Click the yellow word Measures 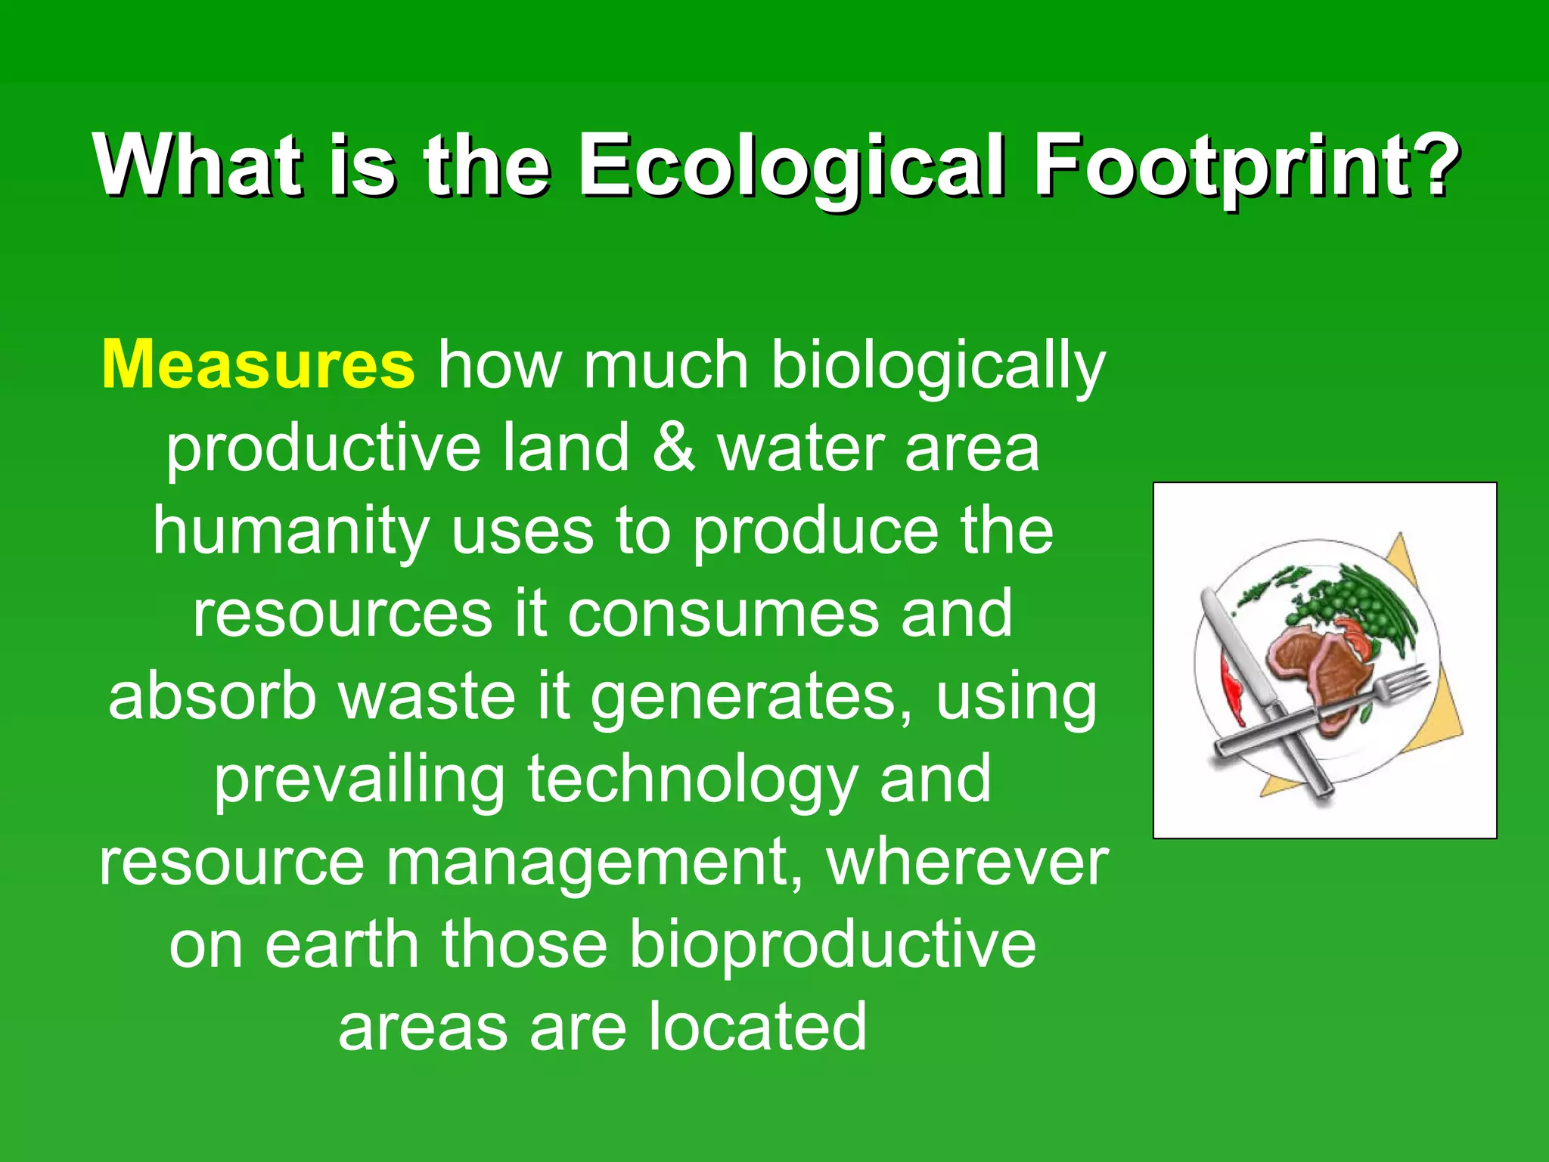(x=258, y=365)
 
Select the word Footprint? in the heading (x=1247, y=166)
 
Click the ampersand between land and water (x=673, y=448)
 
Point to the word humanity (x=291, y=531)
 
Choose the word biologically (x=938, y=365)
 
